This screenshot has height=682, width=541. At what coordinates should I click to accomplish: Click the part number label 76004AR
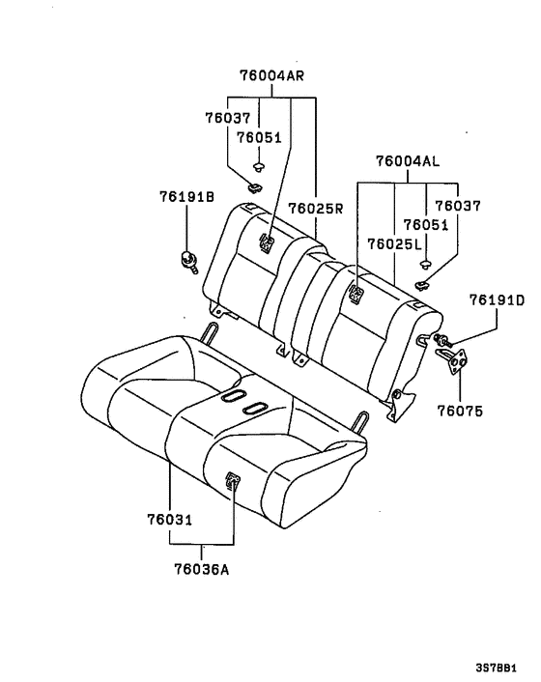click(271, 75)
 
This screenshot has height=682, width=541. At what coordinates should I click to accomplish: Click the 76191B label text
click(186, 196)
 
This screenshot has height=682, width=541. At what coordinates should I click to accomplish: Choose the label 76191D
click(497, 301)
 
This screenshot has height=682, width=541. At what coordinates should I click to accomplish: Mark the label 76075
click(458, 411)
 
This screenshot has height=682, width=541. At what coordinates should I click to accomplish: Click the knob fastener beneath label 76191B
click(186, 258)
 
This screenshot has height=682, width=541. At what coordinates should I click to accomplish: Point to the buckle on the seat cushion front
click(234, 479)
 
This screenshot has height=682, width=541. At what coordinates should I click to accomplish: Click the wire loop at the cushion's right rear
click(361, 423)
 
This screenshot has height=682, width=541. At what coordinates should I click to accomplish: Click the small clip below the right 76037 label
click(422, 284)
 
